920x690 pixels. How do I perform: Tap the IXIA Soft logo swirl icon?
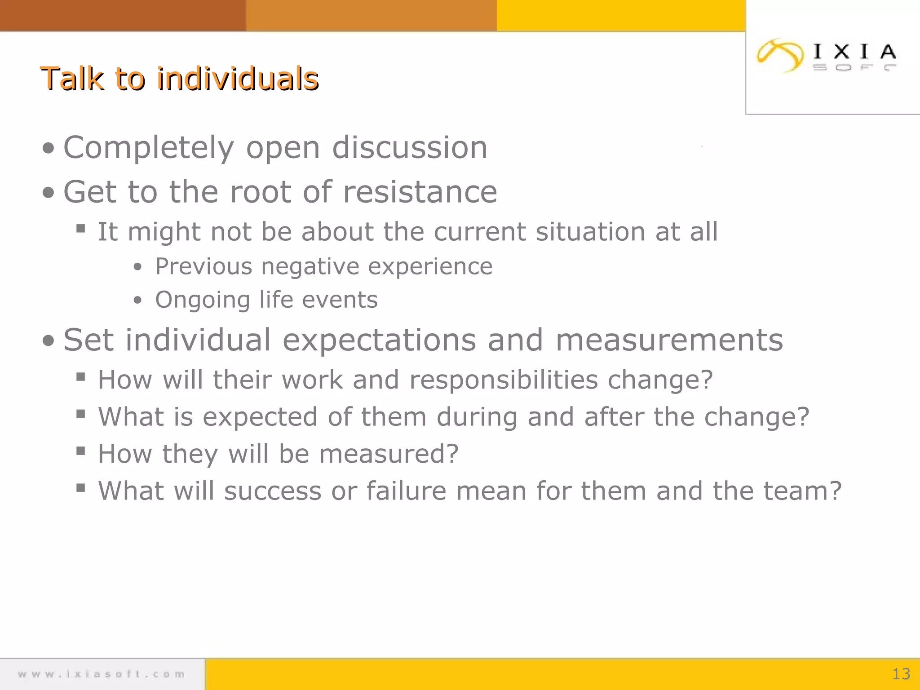pos(779,55)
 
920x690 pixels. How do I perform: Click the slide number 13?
pos(901,674)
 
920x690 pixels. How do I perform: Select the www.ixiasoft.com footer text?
pos(102,674)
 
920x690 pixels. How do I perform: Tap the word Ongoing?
pos(202,300)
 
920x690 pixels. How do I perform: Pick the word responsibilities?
pos(504,380)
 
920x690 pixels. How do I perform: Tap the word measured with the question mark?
pos(389,454)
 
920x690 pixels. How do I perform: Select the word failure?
pos(406,491)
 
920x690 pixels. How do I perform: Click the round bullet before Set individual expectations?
pos(48,341)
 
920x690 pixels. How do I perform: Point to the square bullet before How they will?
pos(81,451)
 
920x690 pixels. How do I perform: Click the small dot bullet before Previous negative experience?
pos(137,267)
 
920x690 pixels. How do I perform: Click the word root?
pos(261,192)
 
